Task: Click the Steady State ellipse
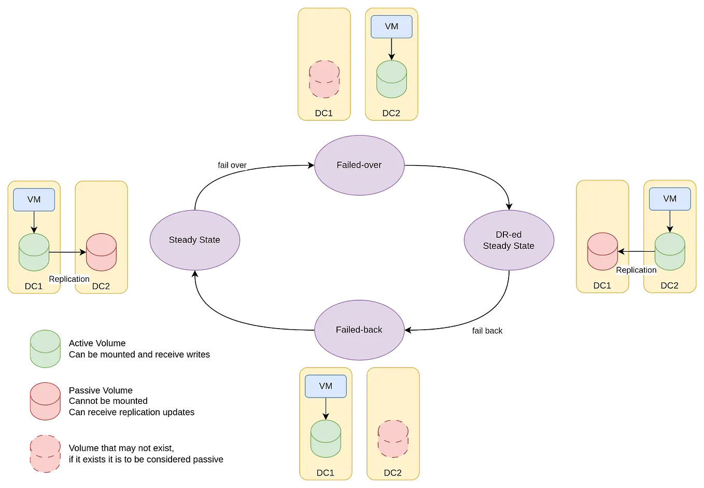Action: pos(194,240)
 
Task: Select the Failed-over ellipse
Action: pos(359,165)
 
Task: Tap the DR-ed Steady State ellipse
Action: pos(509,240)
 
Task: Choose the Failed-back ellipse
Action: pos(359,330)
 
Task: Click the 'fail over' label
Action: pos(232,165)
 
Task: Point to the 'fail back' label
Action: pos(487,331)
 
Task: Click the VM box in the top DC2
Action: pos(391,26)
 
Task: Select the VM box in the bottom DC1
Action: pos(326,386)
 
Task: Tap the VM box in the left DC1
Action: pos(34,200)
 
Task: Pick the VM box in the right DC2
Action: pos(670,199)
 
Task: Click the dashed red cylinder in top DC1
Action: pos(324,79)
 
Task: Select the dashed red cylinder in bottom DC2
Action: pos(393,439)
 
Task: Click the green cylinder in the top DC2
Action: pos(391,79)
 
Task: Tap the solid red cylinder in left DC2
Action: pos(101,252)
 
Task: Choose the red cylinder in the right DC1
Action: pos(602,251)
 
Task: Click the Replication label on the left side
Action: pos(69,279)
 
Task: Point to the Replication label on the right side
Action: pos(636,270)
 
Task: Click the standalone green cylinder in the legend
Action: pos(45,348)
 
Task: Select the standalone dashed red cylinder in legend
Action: pos(45,453)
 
